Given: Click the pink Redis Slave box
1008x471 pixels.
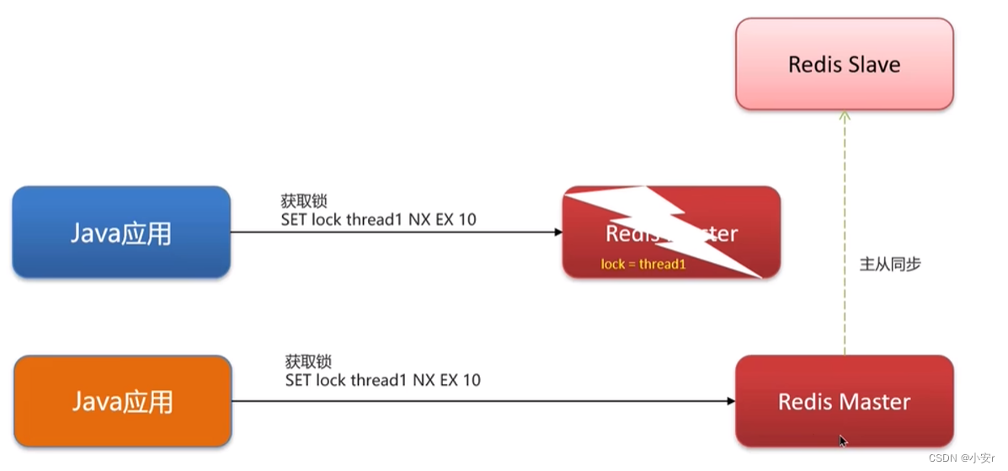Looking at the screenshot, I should (844, 64).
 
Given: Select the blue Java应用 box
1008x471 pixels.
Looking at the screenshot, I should (120, 232).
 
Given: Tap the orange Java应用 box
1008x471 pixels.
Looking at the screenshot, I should (122, 401).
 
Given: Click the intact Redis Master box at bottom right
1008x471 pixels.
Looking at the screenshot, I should (844, 401).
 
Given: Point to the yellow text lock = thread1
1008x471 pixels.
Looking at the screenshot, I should (644, 264).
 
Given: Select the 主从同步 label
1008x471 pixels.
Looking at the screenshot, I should (889, 264).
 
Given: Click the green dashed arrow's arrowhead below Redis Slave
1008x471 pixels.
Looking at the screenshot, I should (845, 116).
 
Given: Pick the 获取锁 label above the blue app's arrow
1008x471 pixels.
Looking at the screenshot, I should (303, 201).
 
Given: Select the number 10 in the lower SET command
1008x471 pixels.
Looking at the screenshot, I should (471, 380).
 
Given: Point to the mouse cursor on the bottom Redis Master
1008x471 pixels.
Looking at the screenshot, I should (843, 440).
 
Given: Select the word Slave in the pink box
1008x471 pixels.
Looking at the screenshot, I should (873, 64).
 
